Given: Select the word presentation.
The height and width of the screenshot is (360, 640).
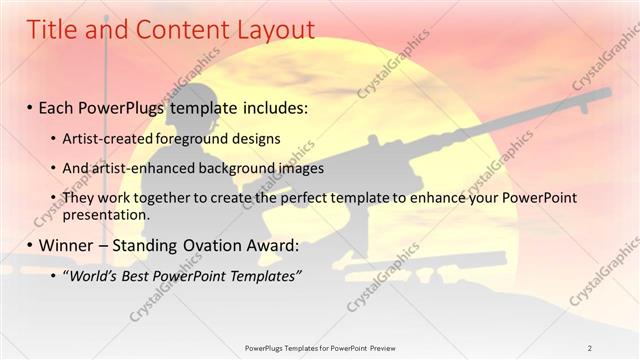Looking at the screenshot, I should [x=105, y=214].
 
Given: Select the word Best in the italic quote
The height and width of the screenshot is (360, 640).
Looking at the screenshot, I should [x=144, y=276].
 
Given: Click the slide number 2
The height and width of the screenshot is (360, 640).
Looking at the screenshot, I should [x=591, y=348].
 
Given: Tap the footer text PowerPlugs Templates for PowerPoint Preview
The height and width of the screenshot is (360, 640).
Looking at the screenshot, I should [x=320, y=348].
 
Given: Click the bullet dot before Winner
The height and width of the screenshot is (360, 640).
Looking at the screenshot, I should [x=31, y=246].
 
